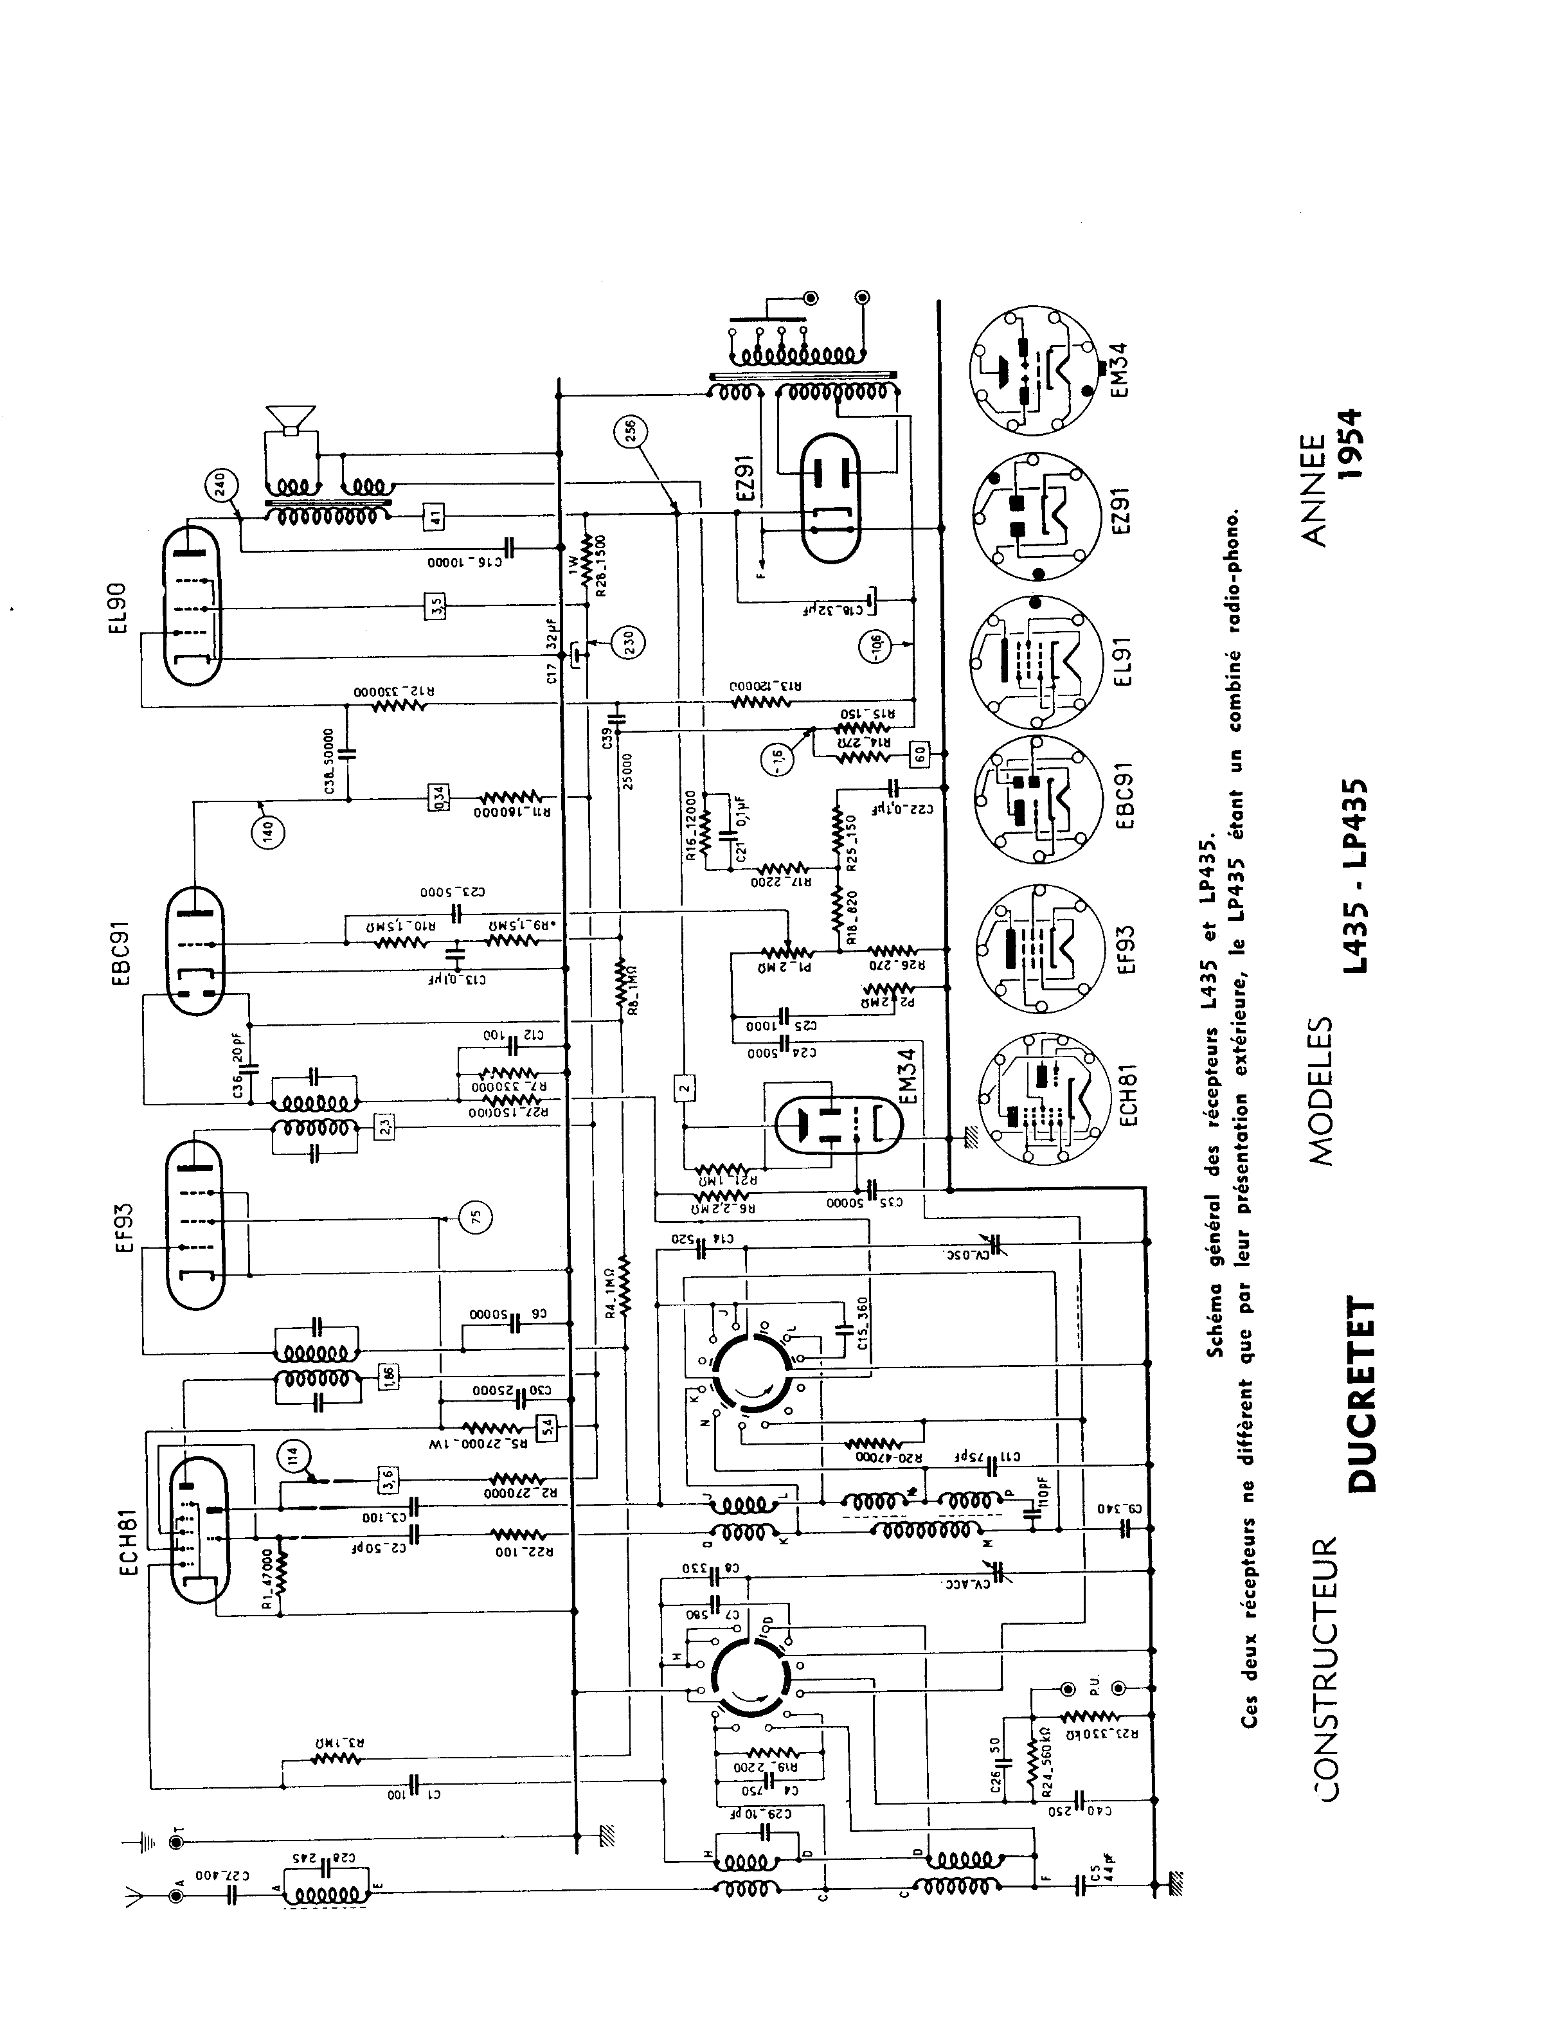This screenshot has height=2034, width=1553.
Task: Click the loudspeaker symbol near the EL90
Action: [289, 420]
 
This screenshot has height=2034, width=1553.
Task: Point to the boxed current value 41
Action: [433, 515]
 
